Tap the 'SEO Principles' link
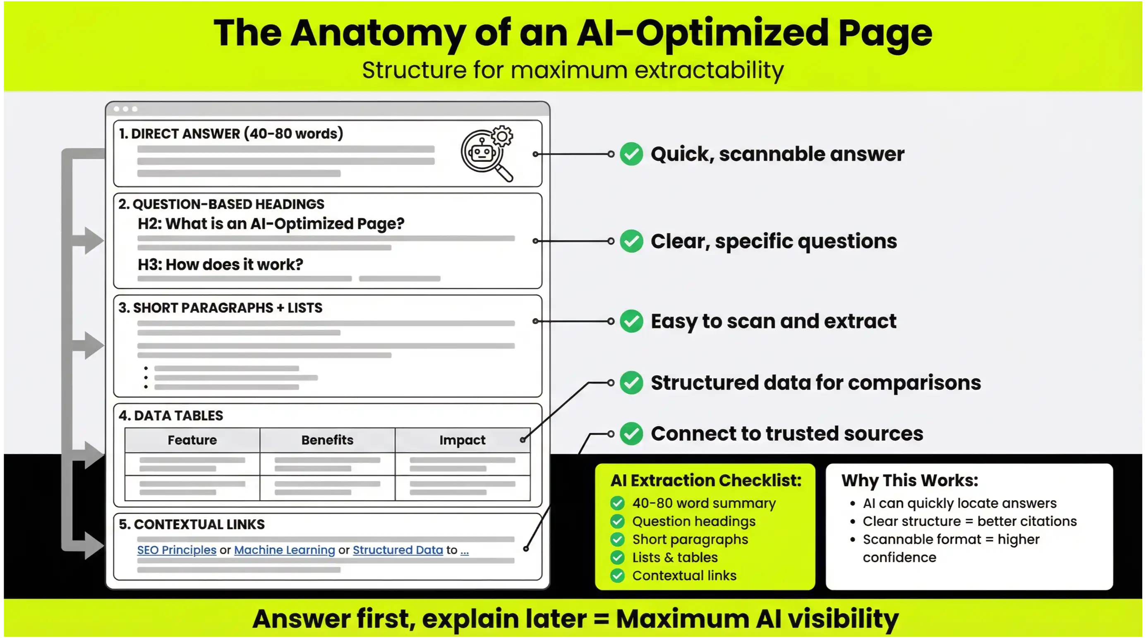[x=177, y=550]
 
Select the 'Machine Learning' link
[x=284, y=550]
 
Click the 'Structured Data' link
[x=398, y=550]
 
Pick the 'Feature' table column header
[x=192, y=440]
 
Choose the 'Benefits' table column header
[x=327, y=440]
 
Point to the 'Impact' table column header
[x=462, y=440]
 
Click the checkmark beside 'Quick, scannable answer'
[x=631, y=154]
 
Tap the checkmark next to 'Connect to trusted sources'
[x=631, y=434]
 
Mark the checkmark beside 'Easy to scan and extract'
[x=631, y=321]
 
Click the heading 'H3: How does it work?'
[x=220, y=265]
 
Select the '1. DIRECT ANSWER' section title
[x=231, y=134]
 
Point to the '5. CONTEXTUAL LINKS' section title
[x=191, y=525]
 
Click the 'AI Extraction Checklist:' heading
[x=705, y=480]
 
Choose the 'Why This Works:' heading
[x=910, y=480]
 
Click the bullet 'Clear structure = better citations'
[x=969, y=521]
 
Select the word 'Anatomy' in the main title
[x=378, y=34]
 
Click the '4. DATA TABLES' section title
[x=171, y=415]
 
